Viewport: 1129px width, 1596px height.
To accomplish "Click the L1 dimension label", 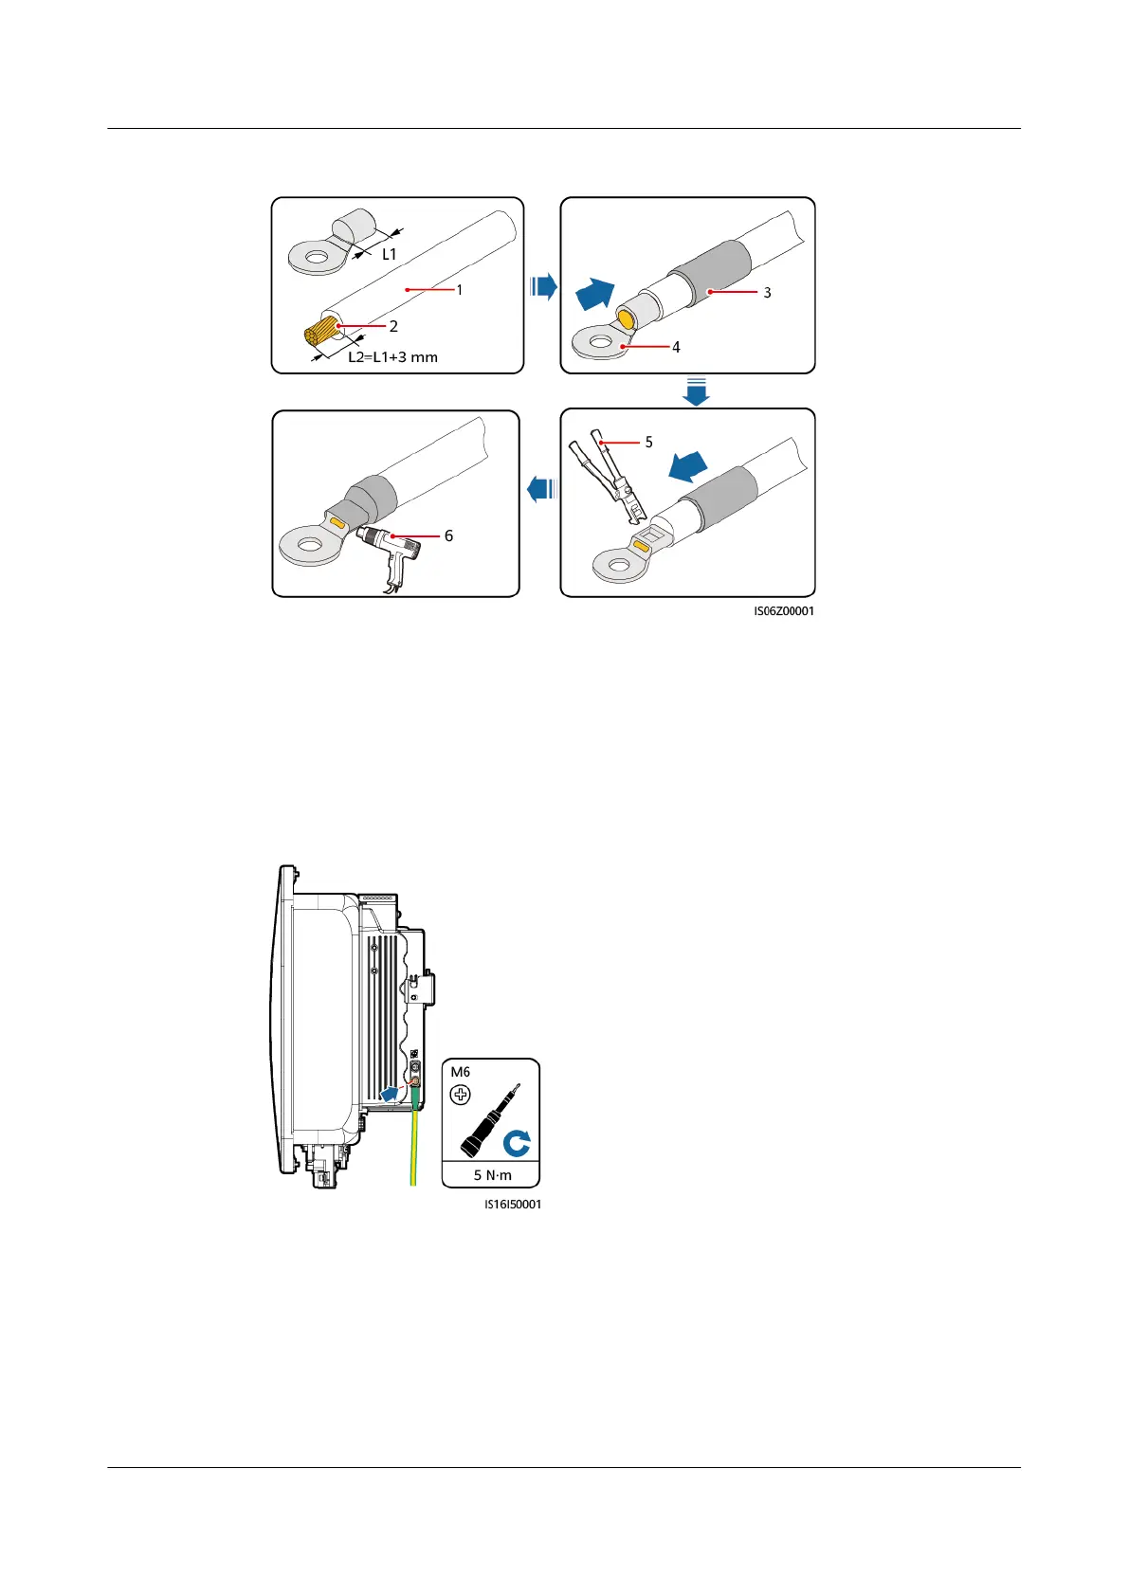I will click(x=389, y=254).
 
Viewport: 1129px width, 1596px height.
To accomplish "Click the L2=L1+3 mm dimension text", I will click(x=392, y=357).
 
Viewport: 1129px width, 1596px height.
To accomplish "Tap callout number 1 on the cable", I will click(x=460, y=289).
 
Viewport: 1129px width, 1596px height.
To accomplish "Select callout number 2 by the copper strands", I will click(x=393, y=326).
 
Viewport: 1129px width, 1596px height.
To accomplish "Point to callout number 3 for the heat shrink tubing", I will click(x=767, y=293).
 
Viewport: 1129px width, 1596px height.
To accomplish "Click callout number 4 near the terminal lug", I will click(x=676, y=347).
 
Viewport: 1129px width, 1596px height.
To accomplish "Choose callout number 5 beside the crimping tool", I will click(x=648, y=442).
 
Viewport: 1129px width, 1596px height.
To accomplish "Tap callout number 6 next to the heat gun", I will click(x=448, y=535).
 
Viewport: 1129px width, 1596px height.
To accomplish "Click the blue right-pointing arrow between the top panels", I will click(x=543, y=286).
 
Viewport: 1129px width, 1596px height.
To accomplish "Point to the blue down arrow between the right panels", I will click(x=697, y=391).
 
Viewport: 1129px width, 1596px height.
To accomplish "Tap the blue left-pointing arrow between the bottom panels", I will click(x=540, y=490).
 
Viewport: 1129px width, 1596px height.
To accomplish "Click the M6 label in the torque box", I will click(x=461, y=1072).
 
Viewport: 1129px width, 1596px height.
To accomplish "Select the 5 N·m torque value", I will click(x=492, y=1175).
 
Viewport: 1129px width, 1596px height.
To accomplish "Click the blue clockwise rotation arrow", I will click(x=517, y=1144).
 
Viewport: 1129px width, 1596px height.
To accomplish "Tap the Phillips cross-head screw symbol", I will click(x=461, y=1095).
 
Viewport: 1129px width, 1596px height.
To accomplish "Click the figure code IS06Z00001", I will click(x=784, y=611).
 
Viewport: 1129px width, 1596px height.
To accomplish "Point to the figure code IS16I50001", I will click(x=513, y=1205).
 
